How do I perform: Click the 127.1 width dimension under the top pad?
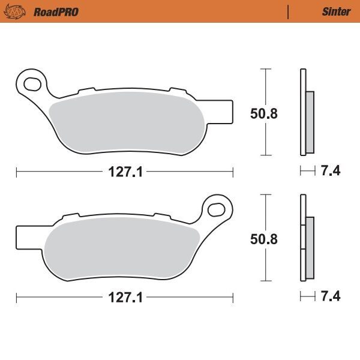(125, 172)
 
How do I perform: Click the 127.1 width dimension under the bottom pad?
(125, 298)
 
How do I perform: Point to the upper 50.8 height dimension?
(264, 113)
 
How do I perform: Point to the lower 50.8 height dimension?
(264, 238)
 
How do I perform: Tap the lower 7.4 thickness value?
(331, 296)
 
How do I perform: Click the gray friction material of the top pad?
(126, 123)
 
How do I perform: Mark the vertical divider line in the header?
(289, 11)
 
